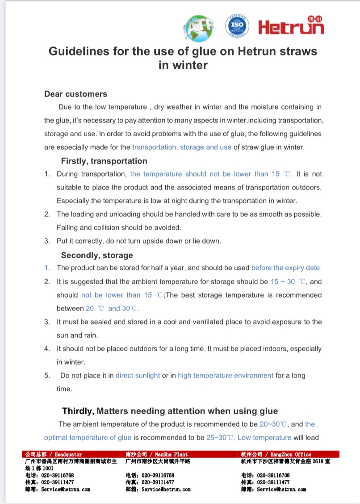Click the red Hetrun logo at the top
[291, 27]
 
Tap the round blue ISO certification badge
[237, 26]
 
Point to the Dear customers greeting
[75, 94]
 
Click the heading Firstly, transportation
[104, 161]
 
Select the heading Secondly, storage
[97, 255]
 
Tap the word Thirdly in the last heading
[78, 411]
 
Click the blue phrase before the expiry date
[286, 268]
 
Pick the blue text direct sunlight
[138, 375]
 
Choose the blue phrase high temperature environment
[226, 375]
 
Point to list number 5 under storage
[47, 375]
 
